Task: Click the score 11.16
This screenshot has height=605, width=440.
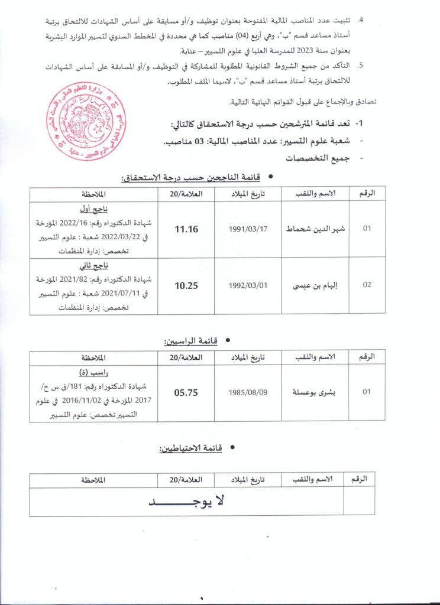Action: (186, 229)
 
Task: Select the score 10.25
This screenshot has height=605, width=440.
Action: (186, 285)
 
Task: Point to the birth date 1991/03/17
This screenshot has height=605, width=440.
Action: (249, 229)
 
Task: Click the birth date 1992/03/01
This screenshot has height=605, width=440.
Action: (249, 285)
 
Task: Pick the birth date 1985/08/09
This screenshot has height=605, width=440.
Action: (249, 391)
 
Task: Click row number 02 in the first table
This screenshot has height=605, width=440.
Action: (367, 285)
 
